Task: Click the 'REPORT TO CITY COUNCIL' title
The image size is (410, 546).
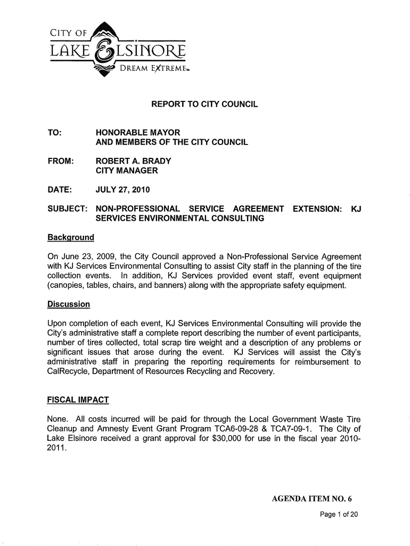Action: tap(205, 105)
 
